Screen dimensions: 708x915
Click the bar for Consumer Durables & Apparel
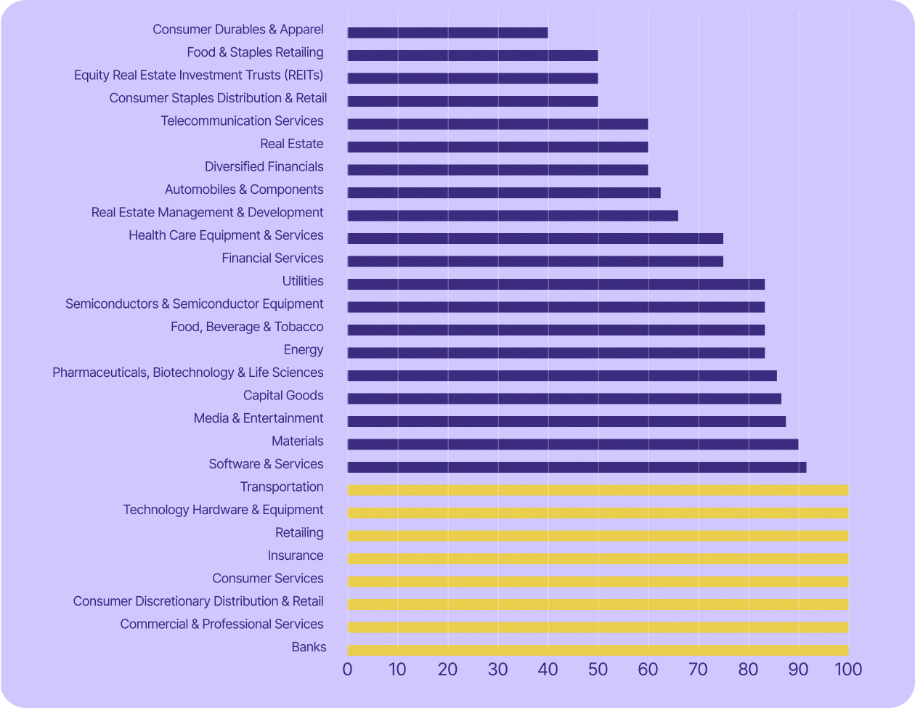click(x=447, y=33)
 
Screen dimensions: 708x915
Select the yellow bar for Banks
click(x=598, y=650)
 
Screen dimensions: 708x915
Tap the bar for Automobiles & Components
click(x=504, y=192)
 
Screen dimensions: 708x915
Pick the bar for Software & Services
click(x=577, y=467)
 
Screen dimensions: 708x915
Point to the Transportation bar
click(x=598, y=490)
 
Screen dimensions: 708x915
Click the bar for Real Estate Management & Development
click(x=513, y=216)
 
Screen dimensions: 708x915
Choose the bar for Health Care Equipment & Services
click(x=535, y=238)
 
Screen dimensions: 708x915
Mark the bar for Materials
click(x=573, y=444)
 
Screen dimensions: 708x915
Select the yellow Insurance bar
click(x=598, y=558)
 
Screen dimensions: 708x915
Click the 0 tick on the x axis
click(x=348, y=669)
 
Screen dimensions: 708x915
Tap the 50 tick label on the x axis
click(x=598, y=669)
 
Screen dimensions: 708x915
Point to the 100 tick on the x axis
click(x=847, y=669)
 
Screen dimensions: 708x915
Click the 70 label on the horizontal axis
click(x=698, y=669)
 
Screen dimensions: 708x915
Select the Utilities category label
click(x=303, y=281)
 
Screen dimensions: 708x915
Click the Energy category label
click(x=304, y=350)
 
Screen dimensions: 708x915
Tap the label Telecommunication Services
click(x=242, y=121)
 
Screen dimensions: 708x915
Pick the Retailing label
click(x=299, y=533)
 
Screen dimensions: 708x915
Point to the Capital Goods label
click(x=283, y=396)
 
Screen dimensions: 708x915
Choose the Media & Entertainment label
click(x=259, y=418)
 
